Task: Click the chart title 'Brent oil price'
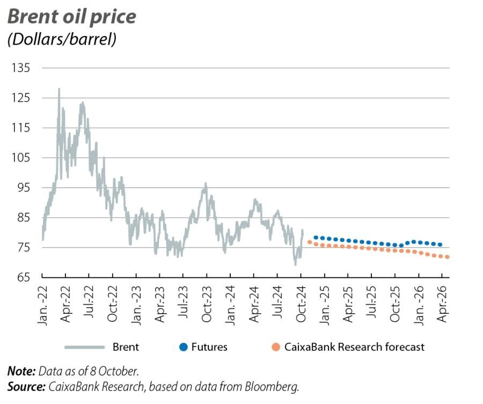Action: [71, 17]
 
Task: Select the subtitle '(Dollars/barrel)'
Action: [61, 39]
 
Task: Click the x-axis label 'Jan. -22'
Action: [42, 303]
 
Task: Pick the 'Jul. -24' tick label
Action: [277, 303]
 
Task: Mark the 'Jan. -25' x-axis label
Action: [324, 303]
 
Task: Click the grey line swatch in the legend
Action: [84, 347]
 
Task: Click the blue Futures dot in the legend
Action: [183, 347]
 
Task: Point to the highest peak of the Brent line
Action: [59, 89]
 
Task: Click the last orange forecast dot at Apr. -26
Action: [447, 257]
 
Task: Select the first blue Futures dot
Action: [316, 237]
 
